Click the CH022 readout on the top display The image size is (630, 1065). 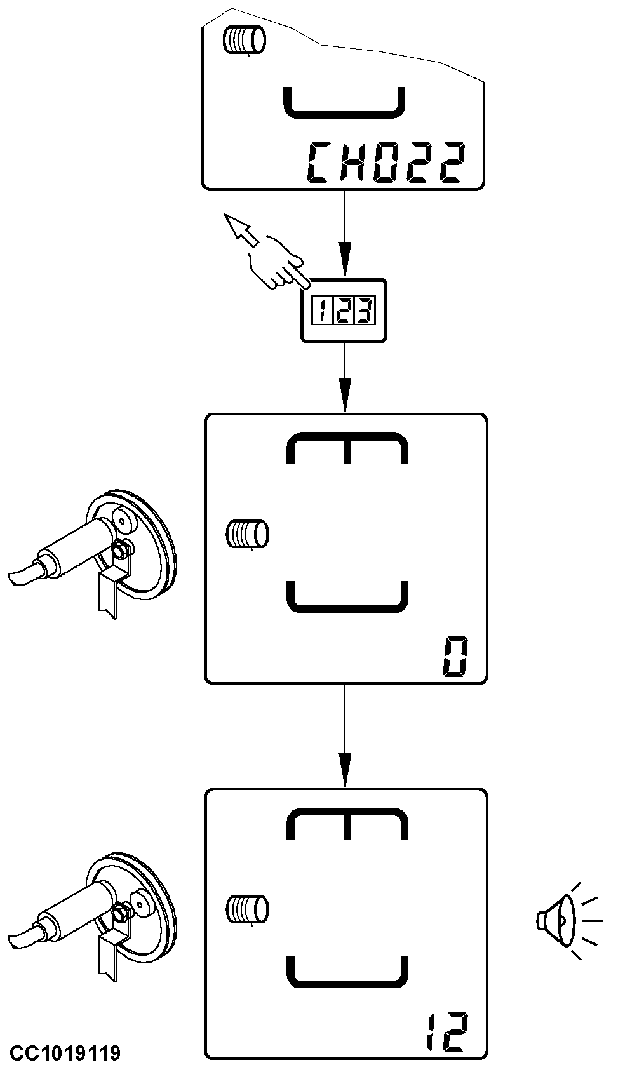point(386,163)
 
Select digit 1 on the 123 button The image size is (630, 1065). point(322,311)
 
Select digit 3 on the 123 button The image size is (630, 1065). point(364,311)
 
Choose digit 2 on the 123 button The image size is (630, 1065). point(343,311)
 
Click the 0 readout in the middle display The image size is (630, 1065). point(455,659)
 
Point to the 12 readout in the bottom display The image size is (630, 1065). point(447,1031)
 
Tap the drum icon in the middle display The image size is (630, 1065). point(248,533)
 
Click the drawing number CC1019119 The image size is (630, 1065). point(65,1053)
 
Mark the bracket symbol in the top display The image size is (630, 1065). point(343,104)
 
